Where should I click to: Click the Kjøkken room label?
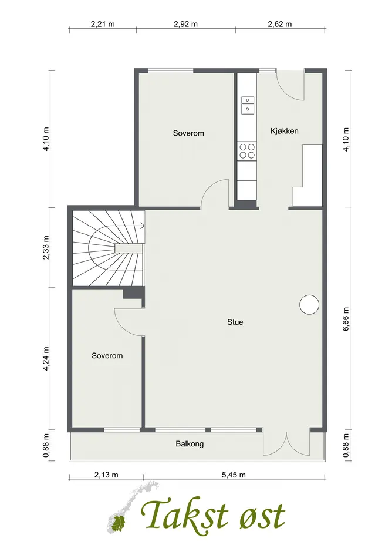click(285, 132)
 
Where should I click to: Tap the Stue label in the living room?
click(235, 322)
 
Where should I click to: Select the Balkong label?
click(190, 444)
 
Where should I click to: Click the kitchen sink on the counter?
click(247, 105)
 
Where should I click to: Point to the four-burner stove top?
click(246, 151)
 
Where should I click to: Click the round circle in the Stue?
click(309, 304)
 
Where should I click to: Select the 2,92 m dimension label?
click(186, 24)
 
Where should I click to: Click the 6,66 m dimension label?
click(346, 319)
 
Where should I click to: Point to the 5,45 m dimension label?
click(234, 475)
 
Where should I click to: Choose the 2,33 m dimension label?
click(46, 247)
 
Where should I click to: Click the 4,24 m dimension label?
click(46, 359)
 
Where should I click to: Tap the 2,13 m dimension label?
click(106, 475)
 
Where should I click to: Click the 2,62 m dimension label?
click(280, 24)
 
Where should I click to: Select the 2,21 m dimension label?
click(103, 24)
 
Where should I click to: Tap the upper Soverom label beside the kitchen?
click(188, 133)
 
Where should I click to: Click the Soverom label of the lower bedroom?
click(107, 356)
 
